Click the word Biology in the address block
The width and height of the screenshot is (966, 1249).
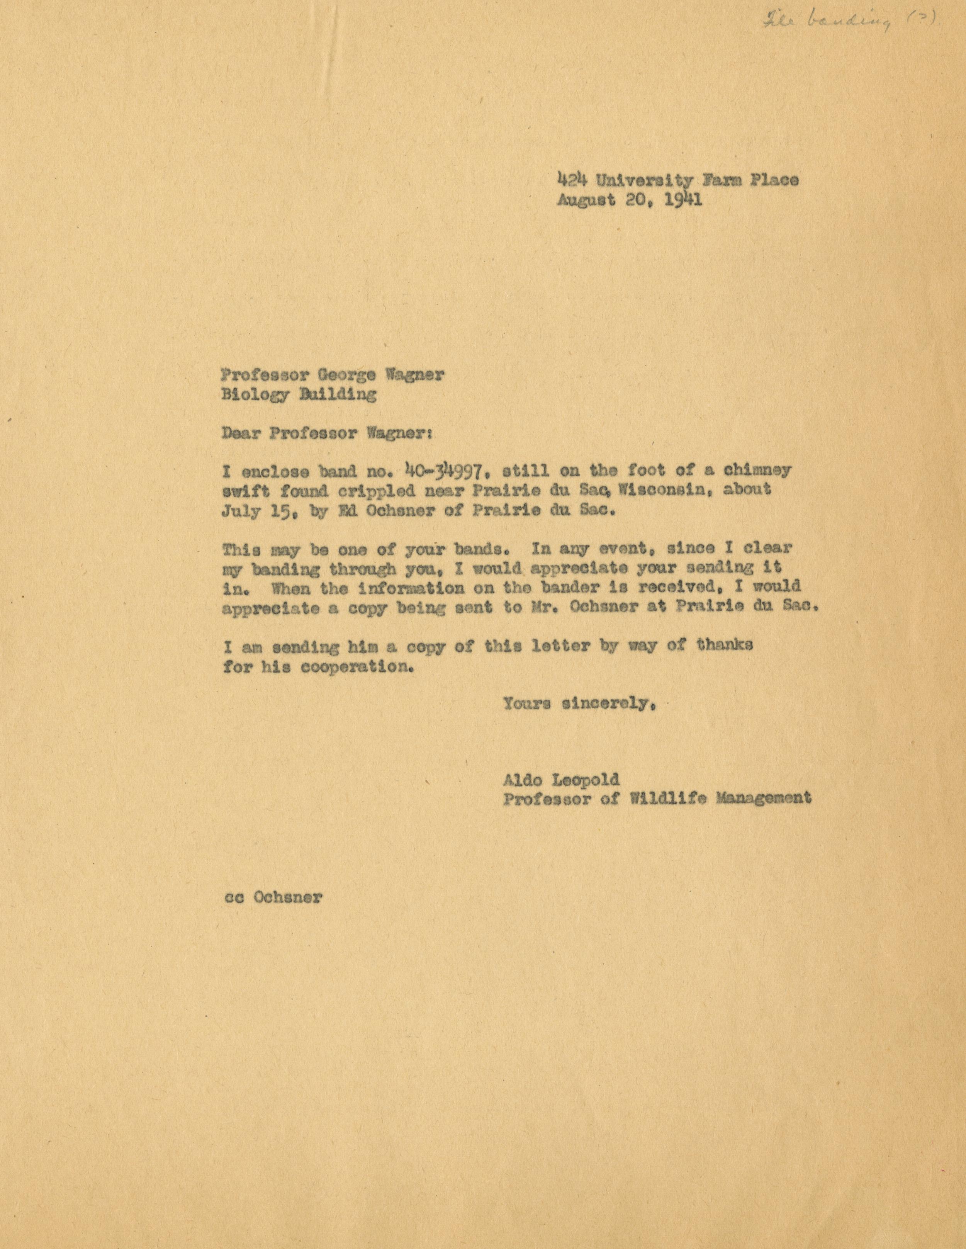[254, 396]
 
